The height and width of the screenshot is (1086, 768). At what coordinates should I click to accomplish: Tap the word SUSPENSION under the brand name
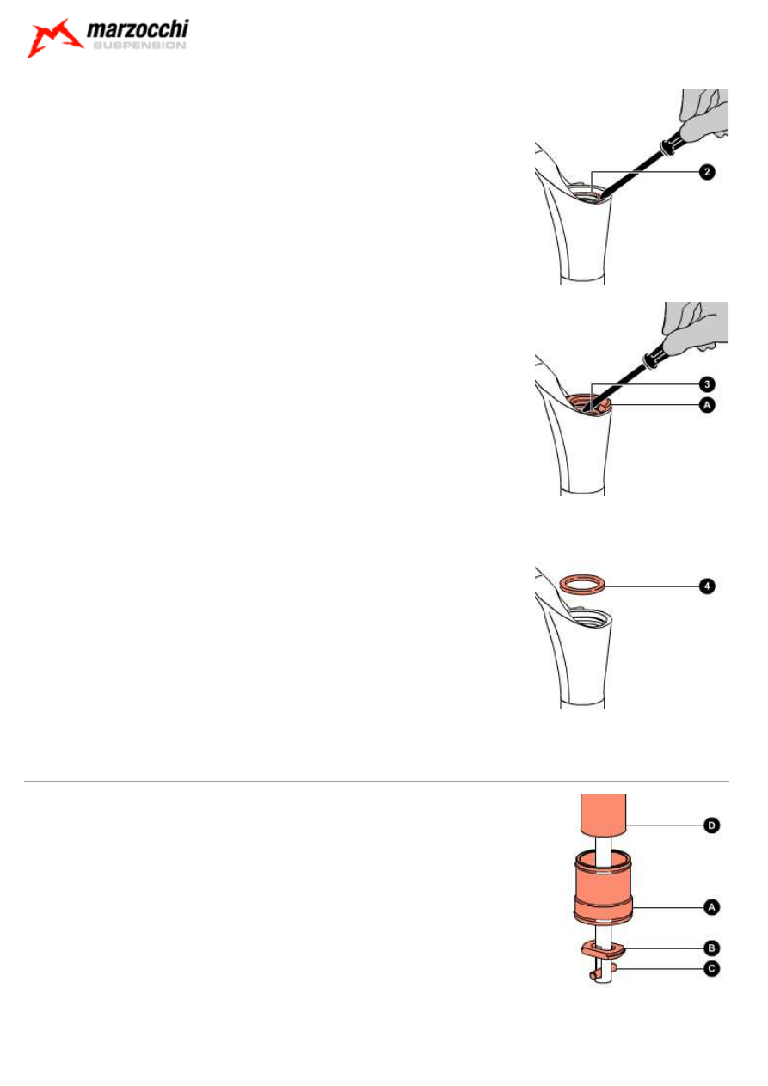(138, 47)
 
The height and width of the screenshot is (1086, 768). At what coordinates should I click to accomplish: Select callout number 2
(705, 172)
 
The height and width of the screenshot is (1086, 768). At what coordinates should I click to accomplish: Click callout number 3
(705, 383)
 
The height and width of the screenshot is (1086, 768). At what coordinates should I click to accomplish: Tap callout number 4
(705, 586)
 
